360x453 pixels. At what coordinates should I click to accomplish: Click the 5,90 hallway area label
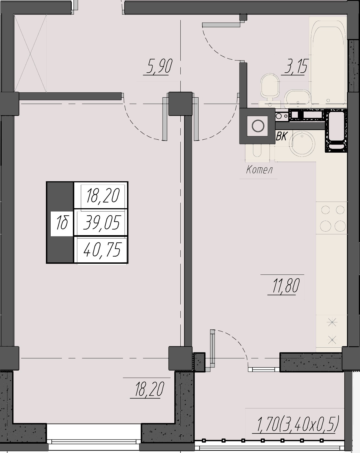tap(158, 67)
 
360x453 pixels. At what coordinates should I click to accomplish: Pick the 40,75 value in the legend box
tap(102, 250)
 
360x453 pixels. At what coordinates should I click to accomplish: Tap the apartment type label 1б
tap(62, 223)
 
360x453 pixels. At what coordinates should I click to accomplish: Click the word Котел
tap(259, 170)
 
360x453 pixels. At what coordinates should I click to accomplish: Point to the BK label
tap(281, 136)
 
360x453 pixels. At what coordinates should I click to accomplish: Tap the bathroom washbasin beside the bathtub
tap(298, 99)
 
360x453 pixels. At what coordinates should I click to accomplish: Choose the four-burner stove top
tap(332, 218)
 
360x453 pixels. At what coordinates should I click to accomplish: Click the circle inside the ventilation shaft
tap(258, 126)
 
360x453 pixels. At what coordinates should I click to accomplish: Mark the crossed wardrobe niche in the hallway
tap(30, 53)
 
